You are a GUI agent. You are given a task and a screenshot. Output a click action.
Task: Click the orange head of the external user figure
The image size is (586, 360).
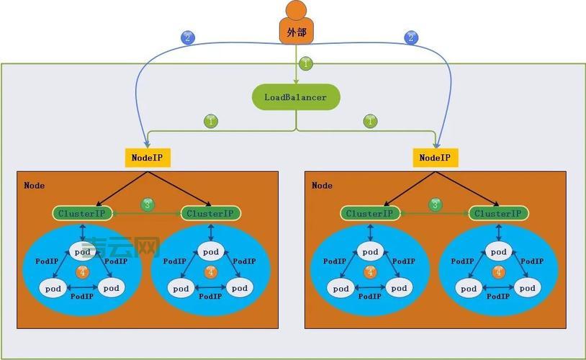pos(296,10)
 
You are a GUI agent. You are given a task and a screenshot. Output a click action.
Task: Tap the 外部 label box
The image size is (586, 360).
pos(296,32)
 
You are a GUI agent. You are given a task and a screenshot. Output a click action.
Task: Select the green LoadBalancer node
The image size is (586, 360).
pos(296,97)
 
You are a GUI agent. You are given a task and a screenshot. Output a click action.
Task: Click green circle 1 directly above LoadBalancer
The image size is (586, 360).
pos(306,63)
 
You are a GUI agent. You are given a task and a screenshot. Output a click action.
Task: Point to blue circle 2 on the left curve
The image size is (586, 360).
pos(188,37)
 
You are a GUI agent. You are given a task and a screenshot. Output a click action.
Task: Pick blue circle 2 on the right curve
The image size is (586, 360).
pos(411,37)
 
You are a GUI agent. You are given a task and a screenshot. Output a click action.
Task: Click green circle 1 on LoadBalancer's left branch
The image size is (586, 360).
pos(211,121)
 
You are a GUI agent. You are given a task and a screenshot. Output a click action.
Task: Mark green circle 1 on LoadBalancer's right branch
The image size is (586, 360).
pos(371,121)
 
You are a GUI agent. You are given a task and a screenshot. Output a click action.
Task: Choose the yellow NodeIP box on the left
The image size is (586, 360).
pos(148,158)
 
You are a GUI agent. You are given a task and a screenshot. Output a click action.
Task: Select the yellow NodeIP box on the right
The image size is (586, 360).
pos(436,158)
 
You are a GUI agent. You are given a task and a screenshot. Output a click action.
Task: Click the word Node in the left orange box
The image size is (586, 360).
pos(34,186)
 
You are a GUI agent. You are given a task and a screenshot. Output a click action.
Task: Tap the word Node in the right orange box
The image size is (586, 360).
pos(322,186)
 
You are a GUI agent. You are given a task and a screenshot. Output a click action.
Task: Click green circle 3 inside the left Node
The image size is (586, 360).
pos(148,205)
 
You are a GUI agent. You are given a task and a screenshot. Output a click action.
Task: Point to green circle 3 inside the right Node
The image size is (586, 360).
pos(435,205)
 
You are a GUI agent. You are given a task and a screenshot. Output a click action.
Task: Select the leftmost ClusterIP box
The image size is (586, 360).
pos(82,213)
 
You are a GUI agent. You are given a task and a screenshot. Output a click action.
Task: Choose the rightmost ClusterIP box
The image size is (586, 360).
pos(498,213)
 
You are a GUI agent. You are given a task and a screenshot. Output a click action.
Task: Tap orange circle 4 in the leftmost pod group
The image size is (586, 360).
pos(82,272)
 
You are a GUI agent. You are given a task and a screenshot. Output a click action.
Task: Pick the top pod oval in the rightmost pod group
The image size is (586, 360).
pos(497,251)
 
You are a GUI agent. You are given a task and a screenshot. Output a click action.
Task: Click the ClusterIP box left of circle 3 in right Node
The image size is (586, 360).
pos(369,213)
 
